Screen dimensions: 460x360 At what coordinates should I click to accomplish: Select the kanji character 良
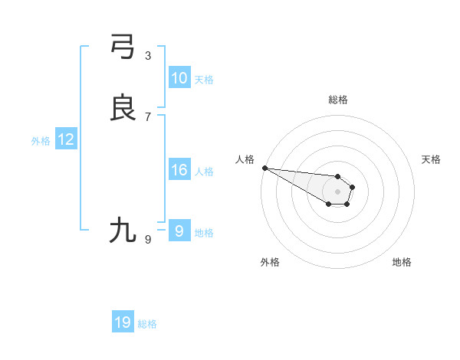123,107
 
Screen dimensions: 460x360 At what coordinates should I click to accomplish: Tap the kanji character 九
123,230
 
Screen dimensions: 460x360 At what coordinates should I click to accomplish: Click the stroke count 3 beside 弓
148,56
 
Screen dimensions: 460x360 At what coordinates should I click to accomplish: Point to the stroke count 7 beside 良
148,117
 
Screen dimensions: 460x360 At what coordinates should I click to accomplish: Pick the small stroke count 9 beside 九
148,240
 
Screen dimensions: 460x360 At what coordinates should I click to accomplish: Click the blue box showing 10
179,78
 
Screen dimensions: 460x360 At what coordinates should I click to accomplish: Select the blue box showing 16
179,170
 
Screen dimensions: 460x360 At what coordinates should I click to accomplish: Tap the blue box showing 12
66,139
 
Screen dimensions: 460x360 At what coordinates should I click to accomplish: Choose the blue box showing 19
123,323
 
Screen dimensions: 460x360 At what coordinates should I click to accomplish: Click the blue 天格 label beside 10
204,80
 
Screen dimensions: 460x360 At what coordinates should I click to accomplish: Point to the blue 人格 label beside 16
204,172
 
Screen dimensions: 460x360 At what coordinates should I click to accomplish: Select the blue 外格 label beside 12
41,141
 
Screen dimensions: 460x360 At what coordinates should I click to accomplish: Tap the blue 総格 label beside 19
147,325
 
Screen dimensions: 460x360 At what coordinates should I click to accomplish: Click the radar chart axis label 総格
338,100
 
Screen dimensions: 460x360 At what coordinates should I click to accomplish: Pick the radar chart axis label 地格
402,262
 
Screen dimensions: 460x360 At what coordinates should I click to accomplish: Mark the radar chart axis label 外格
270,262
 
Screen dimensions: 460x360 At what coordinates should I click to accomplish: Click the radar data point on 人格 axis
264,168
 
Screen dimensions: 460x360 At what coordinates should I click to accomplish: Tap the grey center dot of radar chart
337,191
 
